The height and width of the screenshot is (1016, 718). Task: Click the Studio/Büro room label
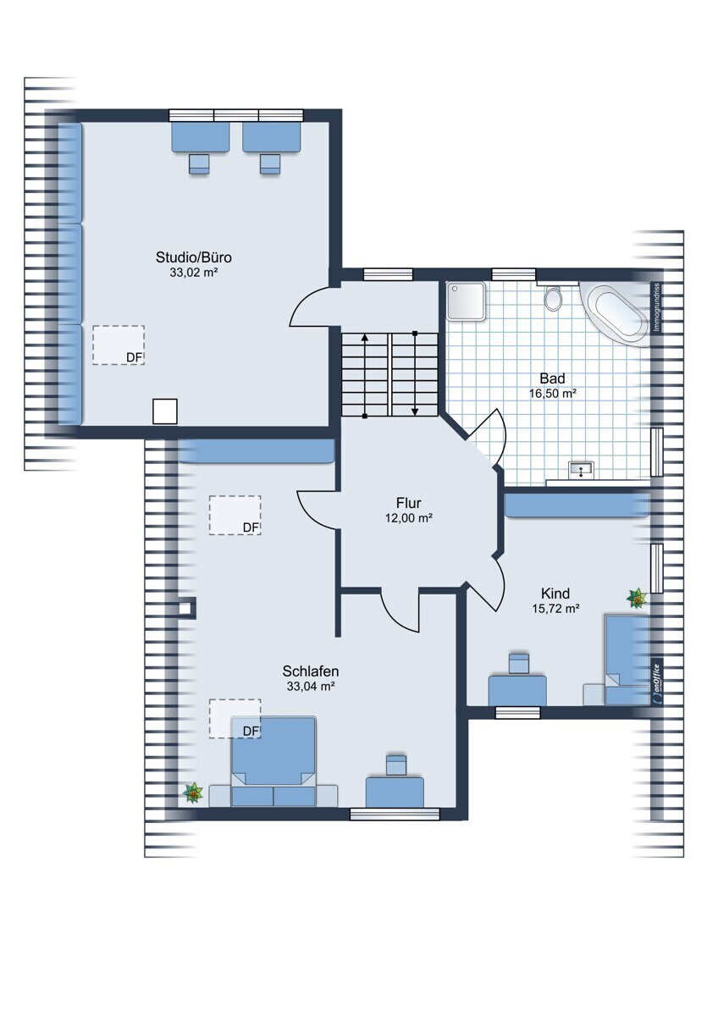194,257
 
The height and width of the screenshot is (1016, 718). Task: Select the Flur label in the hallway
408,503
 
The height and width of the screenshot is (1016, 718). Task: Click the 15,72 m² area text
555,609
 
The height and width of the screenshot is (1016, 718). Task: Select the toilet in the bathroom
553,298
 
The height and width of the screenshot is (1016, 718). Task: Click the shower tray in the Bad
467,301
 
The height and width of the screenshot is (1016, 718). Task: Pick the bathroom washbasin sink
581,470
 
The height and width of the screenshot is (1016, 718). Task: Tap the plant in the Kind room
638,599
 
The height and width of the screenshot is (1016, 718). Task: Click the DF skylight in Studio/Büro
119,345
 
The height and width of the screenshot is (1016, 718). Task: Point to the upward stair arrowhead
364,337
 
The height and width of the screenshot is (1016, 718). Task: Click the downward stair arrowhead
415,411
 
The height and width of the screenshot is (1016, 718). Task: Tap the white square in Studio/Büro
164,411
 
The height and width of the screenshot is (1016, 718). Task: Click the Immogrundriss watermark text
656,307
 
